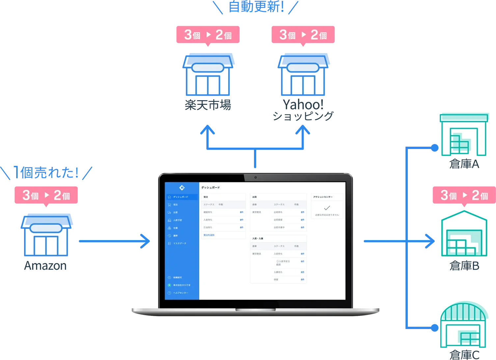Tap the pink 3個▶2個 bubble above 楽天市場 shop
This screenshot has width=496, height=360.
click(207, 34)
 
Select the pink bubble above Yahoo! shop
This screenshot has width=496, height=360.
click(303, 34)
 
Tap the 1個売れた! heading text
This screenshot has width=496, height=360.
click(49, 173)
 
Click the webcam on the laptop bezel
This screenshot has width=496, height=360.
click(255, 177)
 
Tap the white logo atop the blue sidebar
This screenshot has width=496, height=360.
click(182, 188)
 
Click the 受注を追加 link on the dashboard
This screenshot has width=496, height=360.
click(209, 235)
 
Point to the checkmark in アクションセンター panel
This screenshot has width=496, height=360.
click(327, 208)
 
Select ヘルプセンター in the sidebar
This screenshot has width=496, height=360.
click(180, 293)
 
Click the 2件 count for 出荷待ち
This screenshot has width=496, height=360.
click(302, 212)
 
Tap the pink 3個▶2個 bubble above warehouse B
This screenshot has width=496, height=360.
click(464, 195)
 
